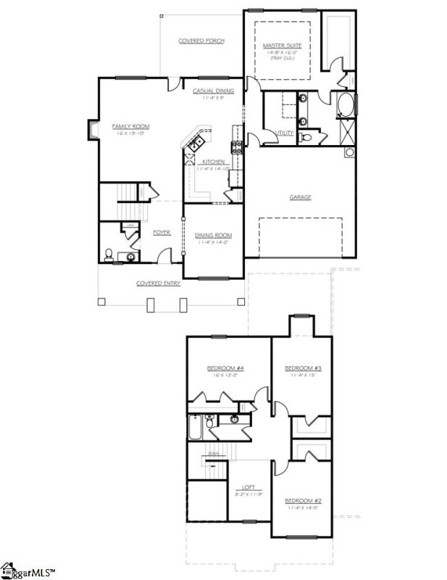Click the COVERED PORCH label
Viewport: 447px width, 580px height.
(201, 41)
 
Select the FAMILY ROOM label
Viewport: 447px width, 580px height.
(130, 126)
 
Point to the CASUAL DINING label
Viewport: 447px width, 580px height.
(213, 91)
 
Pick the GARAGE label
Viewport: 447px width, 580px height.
(301, 196)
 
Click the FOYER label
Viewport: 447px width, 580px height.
(161, 233)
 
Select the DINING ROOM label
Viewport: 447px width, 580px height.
(213, 235)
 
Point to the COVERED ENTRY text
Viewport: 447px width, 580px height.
(158, 283)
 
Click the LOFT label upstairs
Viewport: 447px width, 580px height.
(248, 487)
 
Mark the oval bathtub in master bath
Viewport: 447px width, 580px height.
(343, 106)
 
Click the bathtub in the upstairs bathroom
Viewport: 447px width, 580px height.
(194, 427)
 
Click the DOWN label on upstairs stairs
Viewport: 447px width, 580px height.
(214, 454)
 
